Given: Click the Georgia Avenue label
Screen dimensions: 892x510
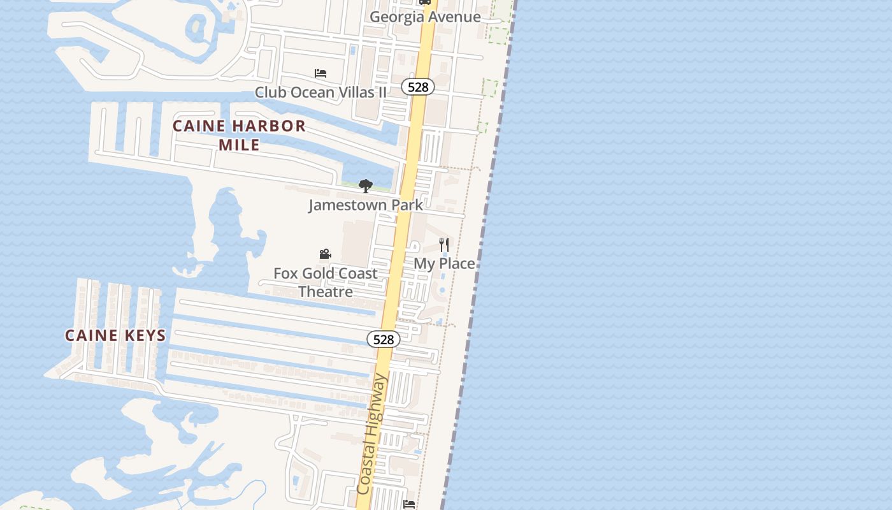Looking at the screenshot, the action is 425,17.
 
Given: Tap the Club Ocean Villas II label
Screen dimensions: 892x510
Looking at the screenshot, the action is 320,92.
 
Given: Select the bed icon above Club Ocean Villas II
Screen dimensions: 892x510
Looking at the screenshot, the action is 320,73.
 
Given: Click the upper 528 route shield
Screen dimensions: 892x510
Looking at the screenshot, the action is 418,87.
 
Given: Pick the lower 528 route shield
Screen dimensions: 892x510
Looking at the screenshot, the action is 384,340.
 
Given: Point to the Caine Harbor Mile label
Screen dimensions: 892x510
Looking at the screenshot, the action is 239,135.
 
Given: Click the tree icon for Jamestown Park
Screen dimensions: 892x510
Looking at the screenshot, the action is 366,186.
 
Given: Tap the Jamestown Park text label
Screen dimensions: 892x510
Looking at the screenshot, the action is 366,205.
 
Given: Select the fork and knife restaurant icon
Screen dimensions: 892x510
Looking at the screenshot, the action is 444,244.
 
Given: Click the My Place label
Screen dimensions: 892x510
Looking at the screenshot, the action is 444,263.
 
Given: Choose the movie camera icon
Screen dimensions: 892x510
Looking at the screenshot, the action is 325,254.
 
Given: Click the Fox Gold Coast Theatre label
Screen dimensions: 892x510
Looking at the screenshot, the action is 326,282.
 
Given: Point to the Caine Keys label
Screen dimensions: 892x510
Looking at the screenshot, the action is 115,335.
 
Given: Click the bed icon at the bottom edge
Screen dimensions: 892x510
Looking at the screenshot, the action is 409,504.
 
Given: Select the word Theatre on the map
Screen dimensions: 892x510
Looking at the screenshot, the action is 326,292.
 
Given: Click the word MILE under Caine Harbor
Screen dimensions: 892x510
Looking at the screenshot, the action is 239,145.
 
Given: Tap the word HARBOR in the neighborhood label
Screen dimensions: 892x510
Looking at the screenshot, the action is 267,126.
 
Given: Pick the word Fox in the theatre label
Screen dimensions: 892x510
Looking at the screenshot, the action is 285,273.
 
